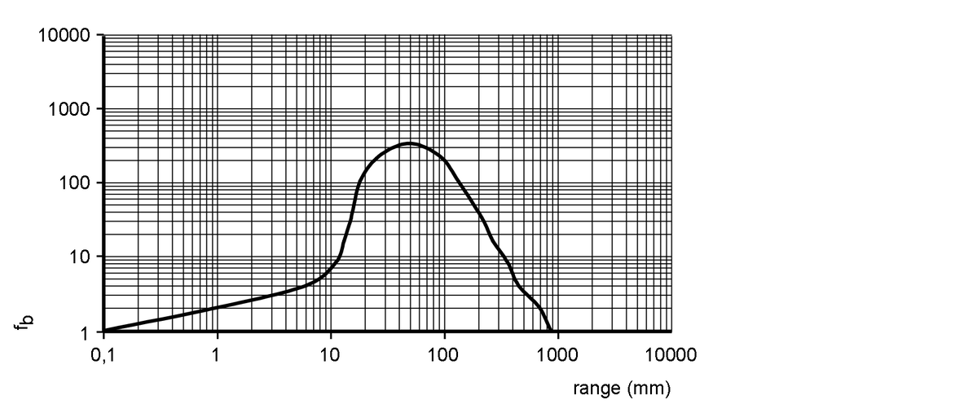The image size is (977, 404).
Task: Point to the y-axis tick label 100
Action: pyautogui.click(x=77, y=182)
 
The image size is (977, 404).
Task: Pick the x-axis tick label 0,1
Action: pyautogui.click(x=103, y=355)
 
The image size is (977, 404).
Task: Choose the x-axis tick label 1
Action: pyautogui.click(x=217, y=355)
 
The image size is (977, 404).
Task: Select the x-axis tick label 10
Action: pyautogui.click(x=330, y=355)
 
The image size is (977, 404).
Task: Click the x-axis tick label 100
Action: pyautogui.click(x=443, y=355)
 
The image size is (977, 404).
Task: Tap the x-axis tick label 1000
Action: pyautogui.click(x=557, y=355)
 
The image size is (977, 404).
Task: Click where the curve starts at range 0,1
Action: pyautogui.click(x=104, y=330)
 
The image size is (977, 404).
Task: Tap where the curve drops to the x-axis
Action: pyautogui.click(x=552, y=331)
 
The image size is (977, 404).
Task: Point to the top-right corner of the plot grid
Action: pyautogui.click(x=671, y=35)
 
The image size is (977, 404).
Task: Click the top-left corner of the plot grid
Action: pyautogui.click(x=104, y=35)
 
